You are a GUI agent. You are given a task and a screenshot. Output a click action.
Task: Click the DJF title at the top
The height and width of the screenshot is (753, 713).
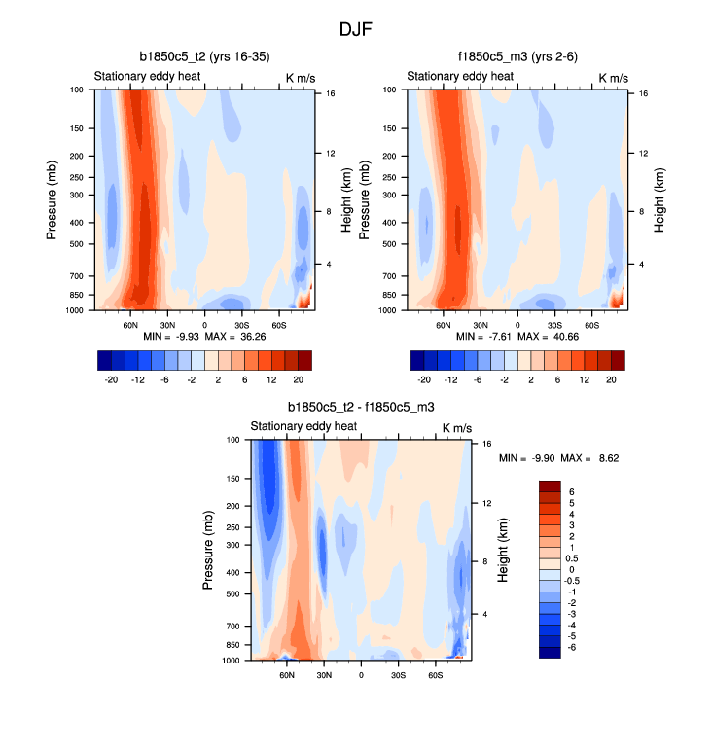356,30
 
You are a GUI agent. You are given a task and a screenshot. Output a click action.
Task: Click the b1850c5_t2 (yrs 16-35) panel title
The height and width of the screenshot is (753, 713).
206,57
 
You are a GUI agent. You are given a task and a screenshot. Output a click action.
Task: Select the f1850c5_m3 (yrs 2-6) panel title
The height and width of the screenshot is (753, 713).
518,57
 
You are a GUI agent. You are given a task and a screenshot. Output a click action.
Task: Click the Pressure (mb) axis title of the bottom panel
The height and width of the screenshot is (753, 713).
208,551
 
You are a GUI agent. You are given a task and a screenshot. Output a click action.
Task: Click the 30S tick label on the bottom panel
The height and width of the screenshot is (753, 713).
398,673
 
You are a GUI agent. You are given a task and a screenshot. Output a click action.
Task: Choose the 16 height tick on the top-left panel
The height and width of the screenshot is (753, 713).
331,93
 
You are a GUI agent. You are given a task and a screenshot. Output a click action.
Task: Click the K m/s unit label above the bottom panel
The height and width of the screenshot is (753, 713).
457,427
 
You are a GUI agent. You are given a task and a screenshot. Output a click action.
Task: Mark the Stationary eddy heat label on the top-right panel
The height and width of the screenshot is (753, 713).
459,77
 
